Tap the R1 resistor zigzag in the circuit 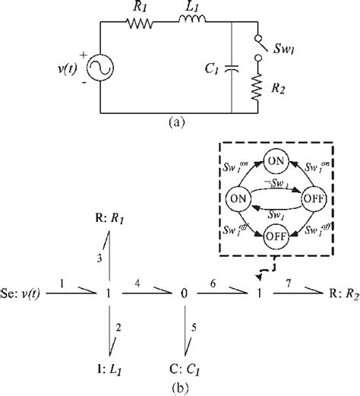(x=143, y=24)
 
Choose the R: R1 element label (x=112, y=222)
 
